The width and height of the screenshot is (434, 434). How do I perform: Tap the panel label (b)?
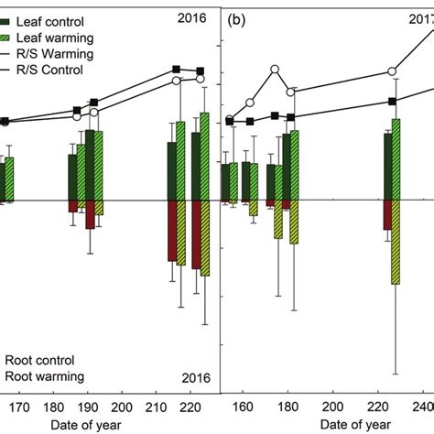237,16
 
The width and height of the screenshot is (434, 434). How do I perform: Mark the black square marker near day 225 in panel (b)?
392,102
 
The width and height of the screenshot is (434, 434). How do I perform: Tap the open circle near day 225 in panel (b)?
392,71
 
